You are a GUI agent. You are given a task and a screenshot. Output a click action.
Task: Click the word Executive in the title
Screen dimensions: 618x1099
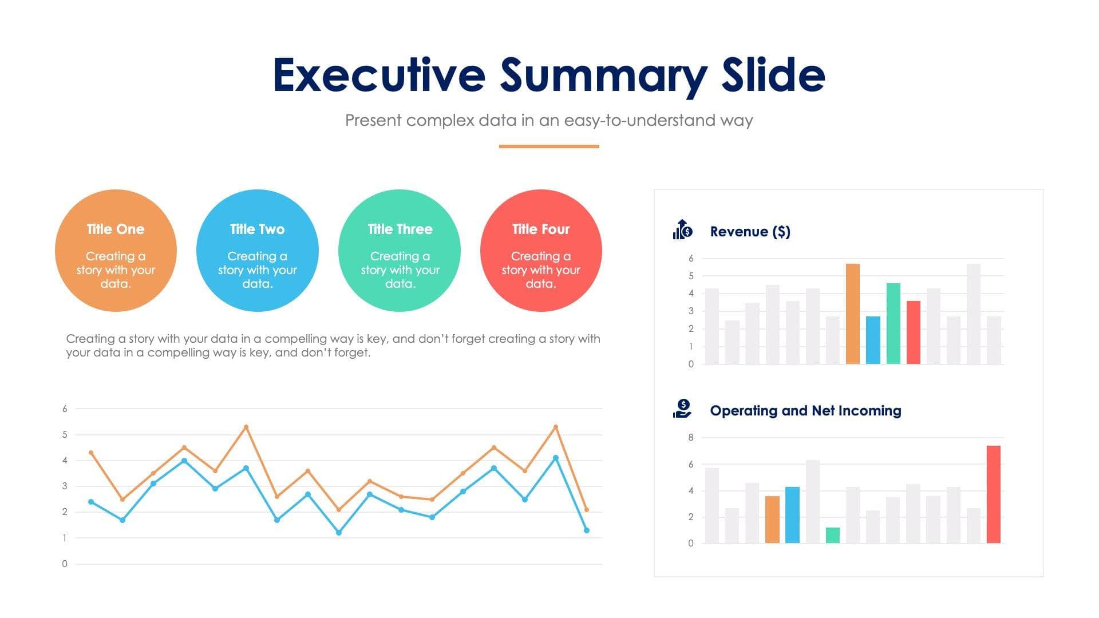click(x=379, y=76)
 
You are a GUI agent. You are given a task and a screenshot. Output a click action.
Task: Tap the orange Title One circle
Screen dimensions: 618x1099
click(x=116, y=251)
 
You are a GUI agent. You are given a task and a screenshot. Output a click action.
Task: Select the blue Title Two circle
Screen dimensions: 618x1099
click(x=257, y=251)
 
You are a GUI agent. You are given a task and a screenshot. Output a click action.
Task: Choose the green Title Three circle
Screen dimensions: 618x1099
click(x=400, y=251)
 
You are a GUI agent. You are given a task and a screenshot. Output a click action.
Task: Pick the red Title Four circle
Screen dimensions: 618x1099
click(x=541, y=251)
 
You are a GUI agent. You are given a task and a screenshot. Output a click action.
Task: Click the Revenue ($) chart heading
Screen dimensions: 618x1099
click(x=750, y=232)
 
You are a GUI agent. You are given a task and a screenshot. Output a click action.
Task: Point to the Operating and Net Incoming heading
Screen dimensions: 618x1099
click(x=805, y=411)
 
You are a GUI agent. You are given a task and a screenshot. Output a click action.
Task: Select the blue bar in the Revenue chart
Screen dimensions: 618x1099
click(x=873, y=340)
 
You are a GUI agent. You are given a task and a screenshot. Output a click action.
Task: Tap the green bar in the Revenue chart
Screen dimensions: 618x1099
click(x=893, y=323)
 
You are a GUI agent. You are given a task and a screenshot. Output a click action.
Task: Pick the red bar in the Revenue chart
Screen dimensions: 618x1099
click(x=914, y=332)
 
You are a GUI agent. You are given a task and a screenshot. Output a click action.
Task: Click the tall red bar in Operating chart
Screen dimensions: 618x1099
click(x=994, y=494)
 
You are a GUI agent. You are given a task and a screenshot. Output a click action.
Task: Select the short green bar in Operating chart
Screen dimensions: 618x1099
click(x=833, y=536)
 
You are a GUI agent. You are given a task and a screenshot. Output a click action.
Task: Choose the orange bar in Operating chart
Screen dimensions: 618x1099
click(x=772, y=520)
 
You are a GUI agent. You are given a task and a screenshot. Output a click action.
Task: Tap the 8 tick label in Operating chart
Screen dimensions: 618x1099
click(x=691, y=438)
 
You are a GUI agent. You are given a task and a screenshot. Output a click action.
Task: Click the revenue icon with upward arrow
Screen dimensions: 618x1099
click(x=682, y=230)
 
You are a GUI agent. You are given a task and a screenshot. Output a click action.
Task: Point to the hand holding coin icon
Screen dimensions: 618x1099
click(x=682, y=409)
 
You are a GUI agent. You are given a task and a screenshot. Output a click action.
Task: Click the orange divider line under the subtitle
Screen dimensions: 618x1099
click(x=549, y=146)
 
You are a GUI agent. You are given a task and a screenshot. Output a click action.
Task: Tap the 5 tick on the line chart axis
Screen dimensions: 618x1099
click(x=65, y=435)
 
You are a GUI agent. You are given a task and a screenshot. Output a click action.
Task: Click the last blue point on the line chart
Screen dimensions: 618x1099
click(x=586, y=530)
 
